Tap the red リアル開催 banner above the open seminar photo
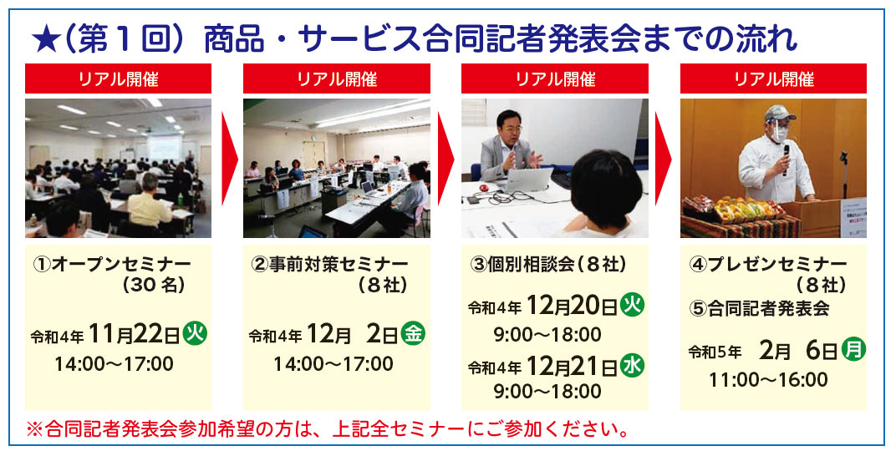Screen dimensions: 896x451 (x=119, y=79)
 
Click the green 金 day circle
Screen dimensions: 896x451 (x=413, y=334)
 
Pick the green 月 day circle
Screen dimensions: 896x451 (x=853, y=349)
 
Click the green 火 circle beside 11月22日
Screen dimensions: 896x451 (x=194, y=334)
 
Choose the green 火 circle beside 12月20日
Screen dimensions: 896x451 (x=632, y=305)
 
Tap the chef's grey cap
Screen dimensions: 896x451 (x=780, y=112)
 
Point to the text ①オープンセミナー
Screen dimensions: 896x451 (x=112, y=264)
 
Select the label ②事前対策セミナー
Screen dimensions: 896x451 (x=329, y=264)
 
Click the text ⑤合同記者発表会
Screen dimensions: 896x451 (x=760, y=309)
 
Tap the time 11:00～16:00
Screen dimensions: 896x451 (x=768, y=380)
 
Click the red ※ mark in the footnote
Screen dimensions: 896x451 (x=34, y=428)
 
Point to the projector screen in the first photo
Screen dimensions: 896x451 (x=165, y=147)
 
